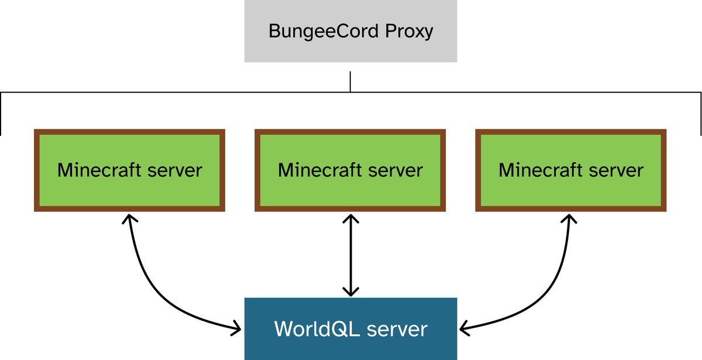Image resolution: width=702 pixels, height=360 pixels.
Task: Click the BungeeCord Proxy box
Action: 350,31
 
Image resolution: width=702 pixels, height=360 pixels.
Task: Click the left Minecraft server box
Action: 129,170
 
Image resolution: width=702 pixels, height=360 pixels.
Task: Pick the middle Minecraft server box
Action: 350,170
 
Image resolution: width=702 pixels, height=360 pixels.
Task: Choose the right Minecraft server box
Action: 571,170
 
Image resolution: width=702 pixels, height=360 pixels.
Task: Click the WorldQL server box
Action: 350,328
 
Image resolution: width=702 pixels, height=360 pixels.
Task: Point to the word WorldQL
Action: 316,328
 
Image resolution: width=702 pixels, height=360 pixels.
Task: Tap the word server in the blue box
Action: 397,328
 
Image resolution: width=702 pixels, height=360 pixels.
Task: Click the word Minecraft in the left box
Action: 98,170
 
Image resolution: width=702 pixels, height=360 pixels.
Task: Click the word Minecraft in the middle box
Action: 318,170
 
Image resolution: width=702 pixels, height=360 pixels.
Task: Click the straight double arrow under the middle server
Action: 350,255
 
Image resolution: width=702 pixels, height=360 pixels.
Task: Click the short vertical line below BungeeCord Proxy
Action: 350,82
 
